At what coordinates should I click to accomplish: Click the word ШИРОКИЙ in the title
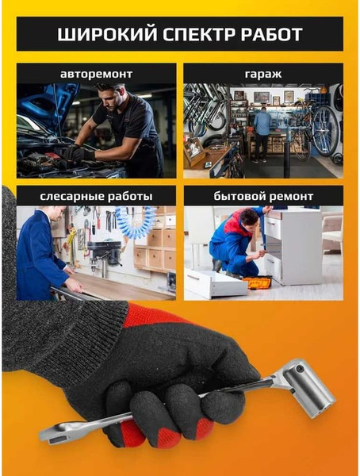[x=107, y=34]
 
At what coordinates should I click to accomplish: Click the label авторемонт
[x=96, y=74]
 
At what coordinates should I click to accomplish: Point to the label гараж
[x=263, y=74]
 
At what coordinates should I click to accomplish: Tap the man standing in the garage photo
[x=262, y=133]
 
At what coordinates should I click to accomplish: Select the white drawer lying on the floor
[x=215, y=284]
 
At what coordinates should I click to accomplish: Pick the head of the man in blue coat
[x=57, y=213]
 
